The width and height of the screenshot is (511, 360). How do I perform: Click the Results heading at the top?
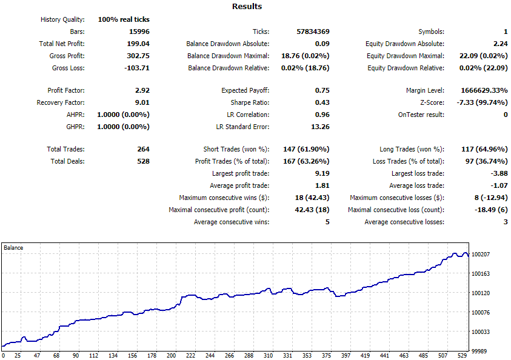pos(247,7)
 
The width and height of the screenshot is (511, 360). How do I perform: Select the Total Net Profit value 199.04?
pos(138,44)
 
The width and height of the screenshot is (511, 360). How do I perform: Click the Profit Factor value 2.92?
pos(142,90)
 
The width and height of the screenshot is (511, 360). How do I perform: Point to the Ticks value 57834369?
pos(313,32)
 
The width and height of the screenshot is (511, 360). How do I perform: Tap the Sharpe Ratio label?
pos(250,102)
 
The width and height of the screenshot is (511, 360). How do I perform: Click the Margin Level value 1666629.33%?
pos(484,90)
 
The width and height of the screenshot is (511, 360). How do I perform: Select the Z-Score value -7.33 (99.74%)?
pos(483,102)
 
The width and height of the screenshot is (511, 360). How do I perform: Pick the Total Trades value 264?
pos(144,149)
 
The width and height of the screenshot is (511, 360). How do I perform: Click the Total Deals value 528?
pos(144,161)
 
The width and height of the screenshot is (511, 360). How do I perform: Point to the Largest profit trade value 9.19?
pos(322,173)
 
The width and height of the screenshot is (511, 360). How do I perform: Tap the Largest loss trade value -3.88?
pos(499,173)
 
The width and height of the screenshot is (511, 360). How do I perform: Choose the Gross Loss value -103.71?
pos(137,68)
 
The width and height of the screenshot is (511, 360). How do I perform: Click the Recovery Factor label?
pos(61,102)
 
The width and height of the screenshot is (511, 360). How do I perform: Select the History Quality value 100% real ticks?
pos(124,19)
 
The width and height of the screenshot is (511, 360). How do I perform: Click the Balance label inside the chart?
pos(13,248)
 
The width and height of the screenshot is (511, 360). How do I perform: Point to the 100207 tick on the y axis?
pos(481,254)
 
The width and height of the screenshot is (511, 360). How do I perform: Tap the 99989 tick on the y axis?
pos(479,351)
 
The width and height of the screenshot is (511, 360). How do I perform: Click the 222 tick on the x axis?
pos(191,355)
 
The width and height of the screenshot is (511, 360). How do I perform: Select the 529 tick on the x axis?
pos(462,355)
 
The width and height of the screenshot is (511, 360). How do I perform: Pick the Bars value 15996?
pos(139,32)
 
